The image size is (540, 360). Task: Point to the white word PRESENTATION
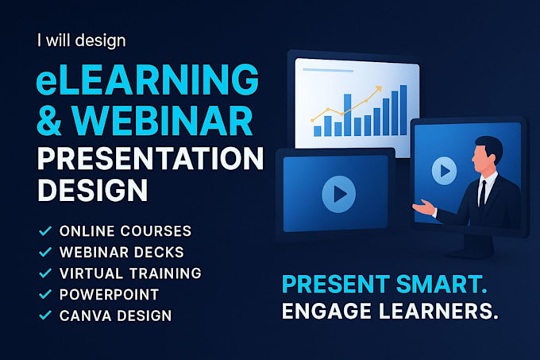[x=148, y=160]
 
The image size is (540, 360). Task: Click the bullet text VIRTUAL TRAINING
[x=130, y=273]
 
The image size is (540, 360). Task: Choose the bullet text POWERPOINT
[x=109, y=294]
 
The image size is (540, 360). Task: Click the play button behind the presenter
[x=444, y=170]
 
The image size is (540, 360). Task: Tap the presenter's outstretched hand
[x=418, y=208]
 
